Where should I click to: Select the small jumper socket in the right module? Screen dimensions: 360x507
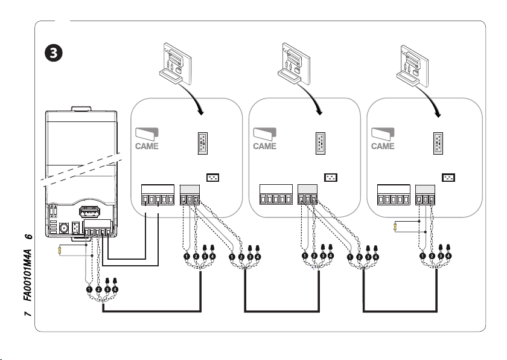click(x=448, y=178)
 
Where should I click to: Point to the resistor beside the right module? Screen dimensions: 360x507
click(x=395, y=227)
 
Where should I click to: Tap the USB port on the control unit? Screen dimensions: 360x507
click(x=88, y=212)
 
